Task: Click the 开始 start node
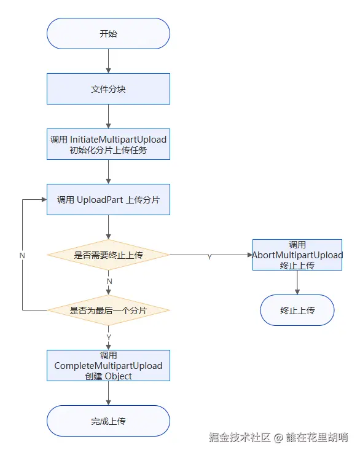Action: [x=108, y=34]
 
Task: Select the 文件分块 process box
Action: [x=108, y=89]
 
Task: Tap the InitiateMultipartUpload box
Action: [x=108, y=144]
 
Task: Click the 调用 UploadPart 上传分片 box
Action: [x=108, y=200]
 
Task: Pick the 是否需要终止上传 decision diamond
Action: [x=108, y=255]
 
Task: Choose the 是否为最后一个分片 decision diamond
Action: [x=108, y=310]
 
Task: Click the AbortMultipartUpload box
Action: [x=297, y=255]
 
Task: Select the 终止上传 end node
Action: [x=297, y=310]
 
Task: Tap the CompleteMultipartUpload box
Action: [x=108, y=366]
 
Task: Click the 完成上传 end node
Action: [x=108, y=421]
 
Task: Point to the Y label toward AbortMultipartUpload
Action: [x=209, y=256]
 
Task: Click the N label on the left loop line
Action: [x=22, y=255]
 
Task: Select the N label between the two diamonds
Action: [x=109, y=282]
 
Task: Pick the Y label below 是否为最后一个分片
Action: [x=109, y=337]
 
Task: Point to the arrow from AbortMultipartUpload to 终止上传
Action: [x=297, y=282]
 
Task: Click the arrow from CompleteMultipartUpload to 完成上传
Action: [x=108, y=394]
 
